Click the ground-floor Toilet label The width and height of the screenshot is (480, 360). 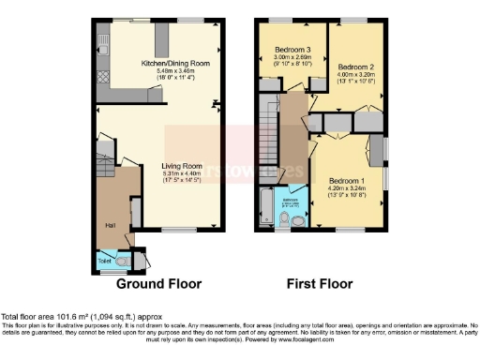(x=105, y=259)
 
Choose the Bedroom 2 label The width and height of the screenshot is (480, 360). (x=355, y=67)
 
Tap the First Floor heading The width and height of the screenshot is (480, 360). (x=319, y=284)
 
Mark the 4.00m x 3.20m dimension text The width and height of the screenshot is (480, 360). (x=355, y=75)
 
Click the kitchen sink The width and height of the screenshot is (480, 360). (x=102, y=42)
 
